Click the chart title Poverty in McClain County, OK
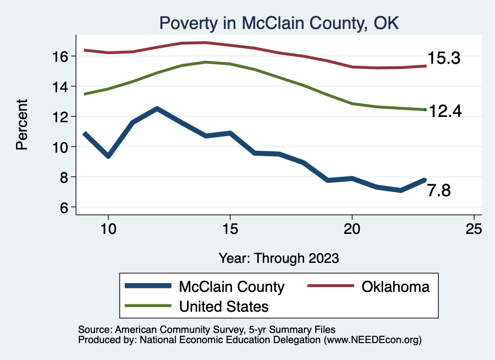[279, 23]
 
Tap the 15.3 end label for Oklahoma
[443, 59]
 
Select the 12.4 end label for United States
[445, 112]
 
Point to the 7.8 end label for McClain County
[439, 191]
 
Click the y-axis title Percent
[22, 125]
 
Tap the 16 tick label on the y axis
[62, 57]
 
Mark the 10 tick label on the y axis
[62, 147]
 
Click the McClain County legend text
[232, 287]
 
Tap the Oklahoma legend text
[395, 287]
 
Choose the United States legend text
[223, 306]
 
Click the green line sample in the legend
[148, 306]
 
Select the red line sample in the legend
[330, 286]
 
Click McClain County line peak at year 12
[157, 109]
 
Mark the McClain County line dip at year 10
[108, 156]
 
